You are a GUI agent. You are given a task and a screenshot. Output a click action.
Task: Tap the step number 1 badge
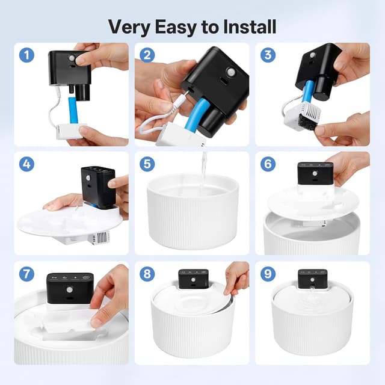[26, 55]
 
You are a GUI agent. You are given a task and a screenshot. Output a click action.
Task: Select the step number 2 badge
[147, 55]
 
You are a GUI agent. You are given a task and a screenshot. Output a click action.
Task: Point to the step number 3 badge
[268, 55]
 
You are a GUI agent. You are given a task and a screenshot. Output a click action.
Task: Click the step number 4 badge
[26, 164]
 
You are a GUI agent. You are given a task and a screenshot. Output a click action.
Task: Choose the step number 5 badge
[147, 164]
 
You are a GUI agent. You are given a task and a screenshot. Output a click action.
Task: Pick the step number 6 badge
[268, 164]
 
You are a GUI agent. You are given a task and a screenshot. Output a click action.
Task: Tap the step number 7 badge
[26, 273]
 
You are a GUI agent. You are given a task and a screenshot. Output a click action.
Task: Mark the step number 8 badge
[147, 273]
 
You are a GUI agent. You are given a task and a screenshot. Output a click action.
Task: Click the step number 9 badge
[268, 273]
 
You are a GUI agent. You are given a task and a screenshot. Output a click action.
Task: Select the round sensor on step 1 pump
[72, 58]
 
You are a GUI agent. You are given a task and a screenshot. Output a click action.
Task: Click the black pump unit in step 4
[97, 186]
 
